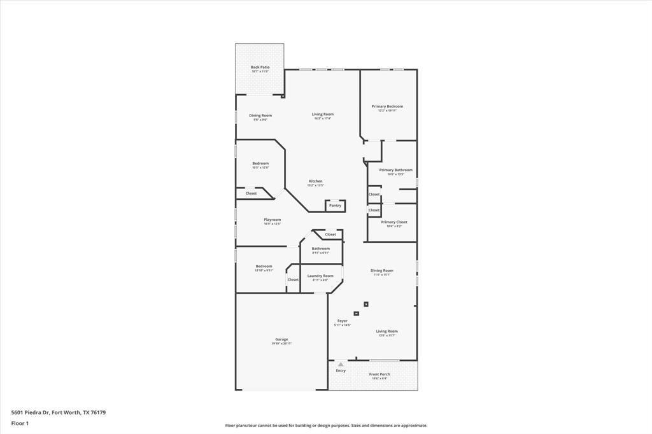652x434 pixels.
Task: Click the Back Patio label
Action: [x=260, y=67]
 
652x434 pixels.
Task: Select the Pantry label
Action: [x=335, y=206]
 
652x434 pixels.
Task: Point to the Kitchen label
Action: [x=315, y=181]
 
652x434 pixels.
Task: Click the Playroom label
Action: [x=273, y=220]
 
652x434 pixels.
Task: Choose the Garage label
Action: [x=281, y=339]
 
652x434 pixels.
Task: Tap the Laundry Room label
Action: [x=320, y=276]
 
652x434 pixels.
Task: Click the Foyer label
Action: [x=343, y=321]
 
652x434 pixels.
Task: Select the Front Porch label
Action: [x=380, y=374]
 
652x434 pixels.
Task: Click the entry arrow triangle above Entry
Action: [x=341, y=364]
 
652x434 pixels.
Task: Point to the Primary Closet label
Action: [x=394, y=222]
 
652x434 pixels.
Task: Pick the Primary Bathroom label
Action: [x=395, y=170]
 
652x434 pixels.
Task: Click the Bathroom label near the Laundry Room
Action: [x=320, y=248]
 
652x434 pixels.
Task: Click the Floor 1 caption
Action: [x=20, y=423]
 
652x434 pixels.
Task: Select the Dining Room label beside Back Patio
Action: [x=260, y=115]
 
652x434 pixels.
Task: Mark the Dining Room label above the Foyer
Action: [x=382, y=270]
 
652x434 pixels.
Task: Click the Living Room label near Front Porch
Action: [x=386, y=331]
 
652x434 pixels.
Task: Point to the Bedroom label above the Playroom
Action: [x=260, y=163]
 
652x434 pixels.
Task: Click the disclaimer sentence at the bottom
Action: [x=326, y=426]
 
